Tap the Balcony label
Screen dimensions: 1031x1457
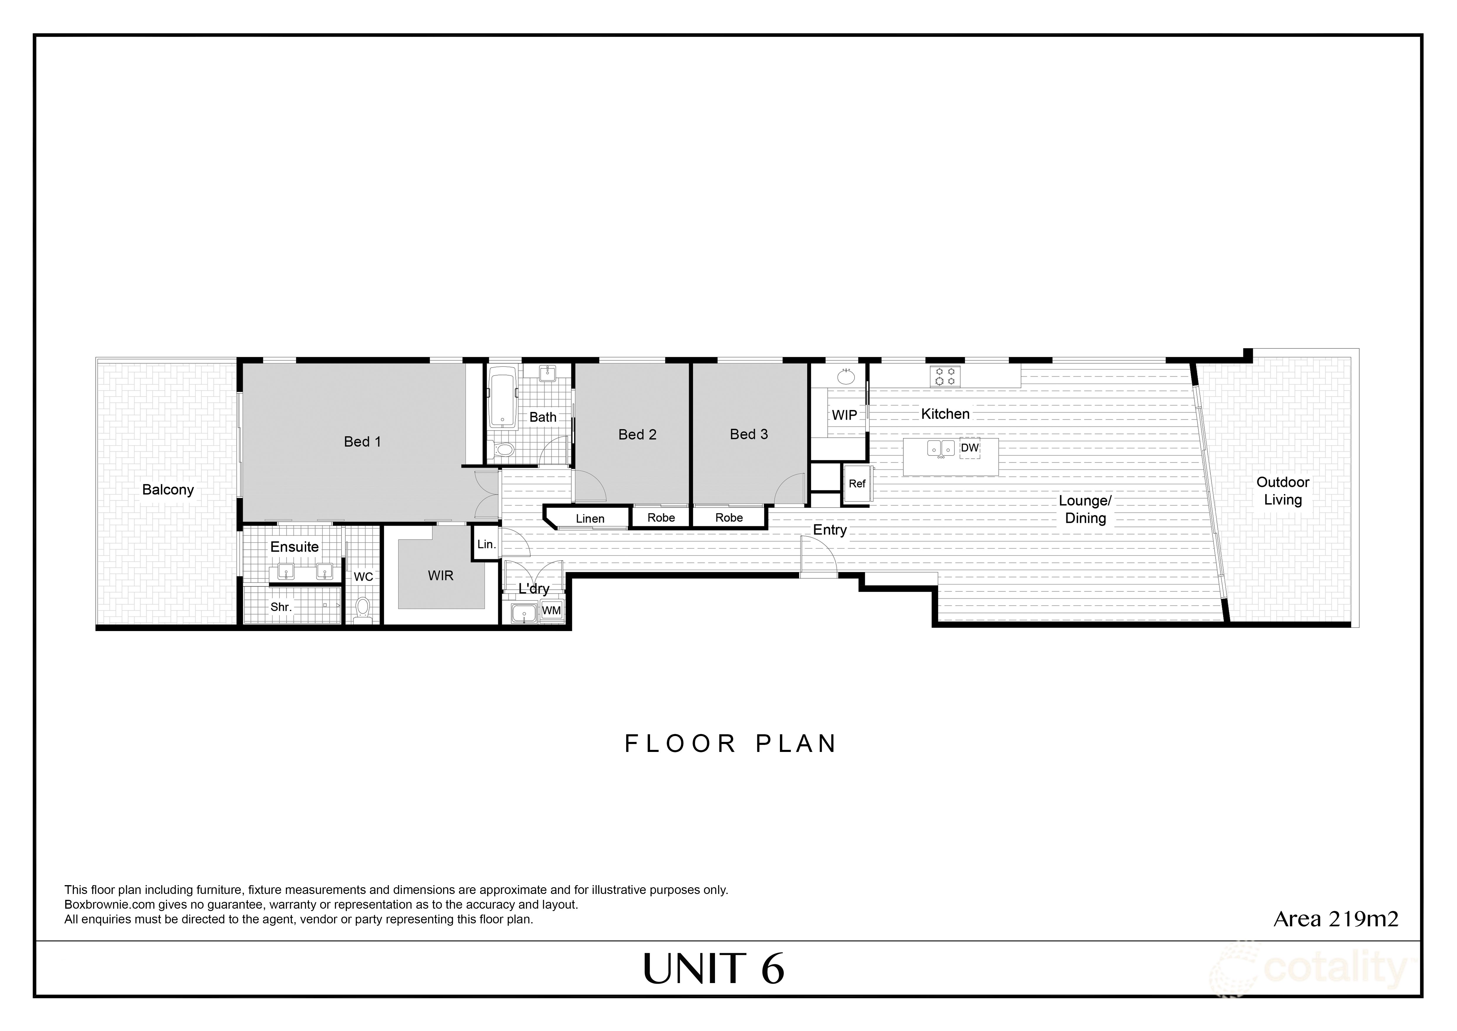coord(168,489)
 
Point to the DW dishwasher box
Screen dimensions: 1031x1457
coord(970,448)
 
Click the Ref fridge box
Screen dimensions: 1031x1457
coord(857,484)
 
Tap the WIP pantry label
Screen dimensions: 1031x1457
coord(844,415)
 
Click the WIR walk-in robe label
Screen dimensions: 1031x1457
coord(441,576)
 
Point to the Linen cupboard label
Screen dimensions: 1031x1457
coord(590,519)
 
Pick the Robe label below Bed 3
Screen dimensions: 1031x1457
coord(728,517)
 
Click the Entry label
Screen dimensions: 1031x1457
coord(829,530)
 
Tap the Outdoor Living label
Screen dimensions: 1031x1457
coord(1282,491)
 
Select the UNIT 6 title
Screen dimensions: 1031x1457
coord(714,970)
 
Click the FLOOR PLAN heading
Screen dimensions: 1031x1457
coord(730,743)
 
